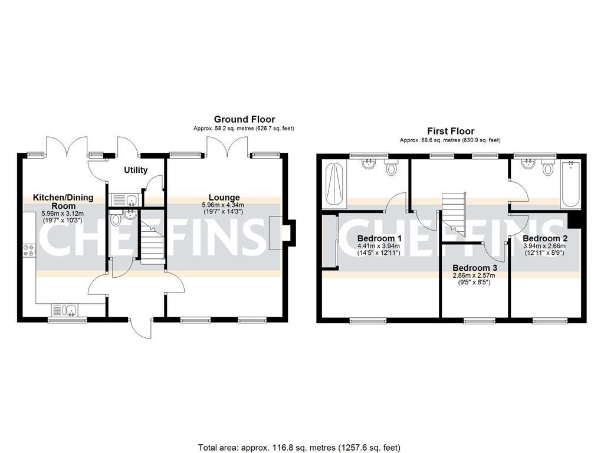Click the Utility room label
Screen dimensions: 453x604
tap(135, 170)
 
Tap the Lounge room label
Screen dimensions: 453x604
tap(224, 198)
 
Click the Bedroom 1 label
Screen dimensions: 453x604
tap(379, 239)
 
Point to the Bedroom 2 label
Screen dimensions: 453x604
tap(545, 238)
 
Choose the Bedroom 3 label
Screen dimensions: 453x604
tap(475, 268)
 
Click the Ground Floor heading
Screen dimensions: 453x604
tap(244, 119)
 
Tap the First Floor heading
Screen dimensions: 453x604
tap(451, 131)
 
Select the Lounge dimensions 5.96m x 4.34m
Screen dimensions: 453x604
tap(224, 205)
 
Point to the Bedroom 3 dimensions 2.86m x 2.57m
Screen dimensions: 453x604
tap(475, 275)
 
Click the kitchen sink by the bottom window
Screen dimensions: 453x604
tap(69, 310)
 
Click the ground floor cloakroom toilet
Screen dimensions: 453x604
tap(116, 219)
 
